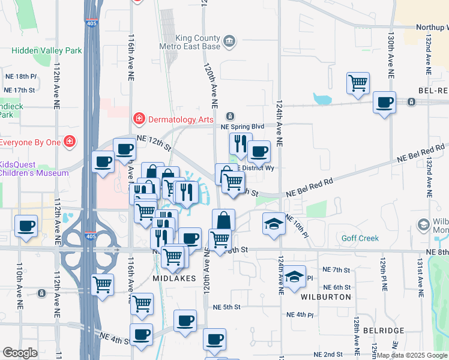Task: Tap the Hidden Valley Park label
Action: coord(47,51)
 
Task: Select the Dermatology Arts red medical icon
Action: coord(139,119)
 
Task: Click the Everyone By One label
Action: coord(30,142)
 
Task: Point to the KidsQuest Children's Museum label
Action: coord(34,169)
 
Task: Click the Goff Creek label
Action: coord(360,238)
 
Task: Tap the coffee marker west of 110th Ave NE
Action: coord(25,226)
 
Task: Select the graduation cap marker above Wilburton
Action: coord(295,277)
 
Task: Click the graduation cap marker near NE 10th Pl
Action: coord(274,224)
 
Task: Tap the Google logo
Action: coord(20,352)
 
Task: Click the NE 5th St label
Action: coord(226,307)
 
